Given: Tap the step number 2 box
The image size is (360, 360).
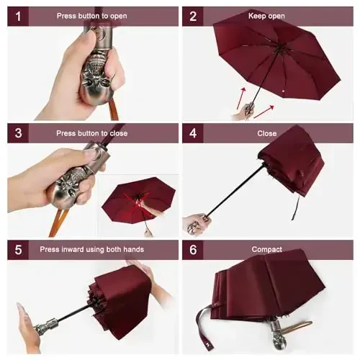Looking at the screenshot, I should point(193,16).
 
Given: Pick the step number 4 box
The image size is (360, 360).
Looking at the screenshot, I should point(193,132).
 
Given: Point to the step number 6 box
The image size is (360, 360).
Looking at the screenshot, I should point(193,249).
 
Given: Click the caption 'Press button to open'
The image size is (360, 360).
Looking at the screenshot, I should point(92,16).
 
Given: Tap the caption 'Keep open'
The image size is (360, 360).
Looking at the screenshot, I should point(266,16).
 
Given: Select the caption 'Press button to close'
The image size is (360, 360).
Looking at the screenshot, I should point(92,132).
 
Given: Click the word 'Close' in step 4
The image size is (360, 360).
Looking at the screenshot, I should point(266,132).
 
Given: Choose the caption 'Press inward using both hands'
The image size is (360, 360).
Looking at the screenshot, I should point(102,249).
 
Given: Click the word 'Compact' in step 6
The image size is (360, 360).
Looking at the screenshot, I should point(266,249).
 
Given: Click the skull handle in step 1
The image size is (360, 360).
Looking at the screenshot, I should point(96,76).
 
